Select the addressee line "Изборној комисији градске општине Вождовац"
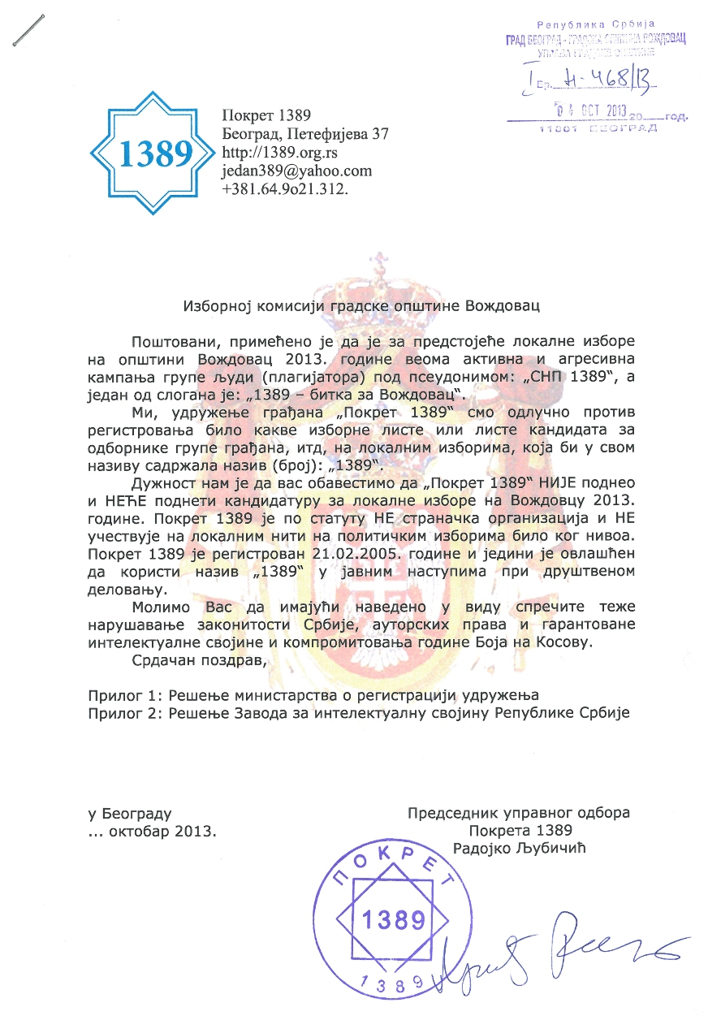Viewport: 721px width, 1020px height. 360,306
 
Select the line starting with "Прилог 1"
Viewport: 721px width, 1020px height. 313,695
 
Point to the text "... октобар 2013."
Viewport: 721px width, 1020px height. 153,831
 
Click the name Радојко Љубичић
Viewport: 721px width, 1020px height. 520,847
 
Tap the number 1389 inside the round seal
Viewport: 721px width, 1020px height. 393,921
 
